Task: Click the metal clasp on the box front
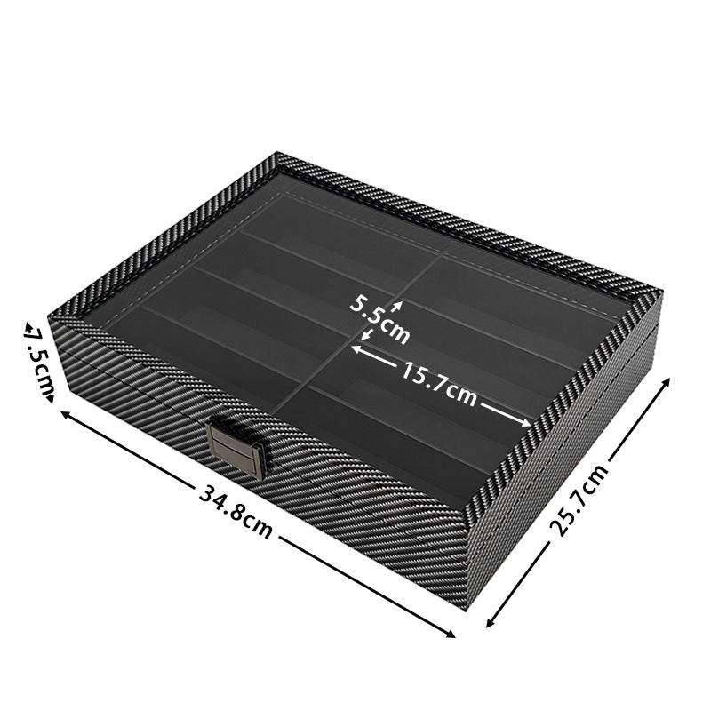[237, 449]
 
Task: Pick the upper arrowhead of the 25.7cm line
[668, 379]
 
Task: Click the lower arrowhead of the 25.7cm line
[488, 627]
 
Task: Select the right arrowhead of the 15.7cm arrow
[531, 424]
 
